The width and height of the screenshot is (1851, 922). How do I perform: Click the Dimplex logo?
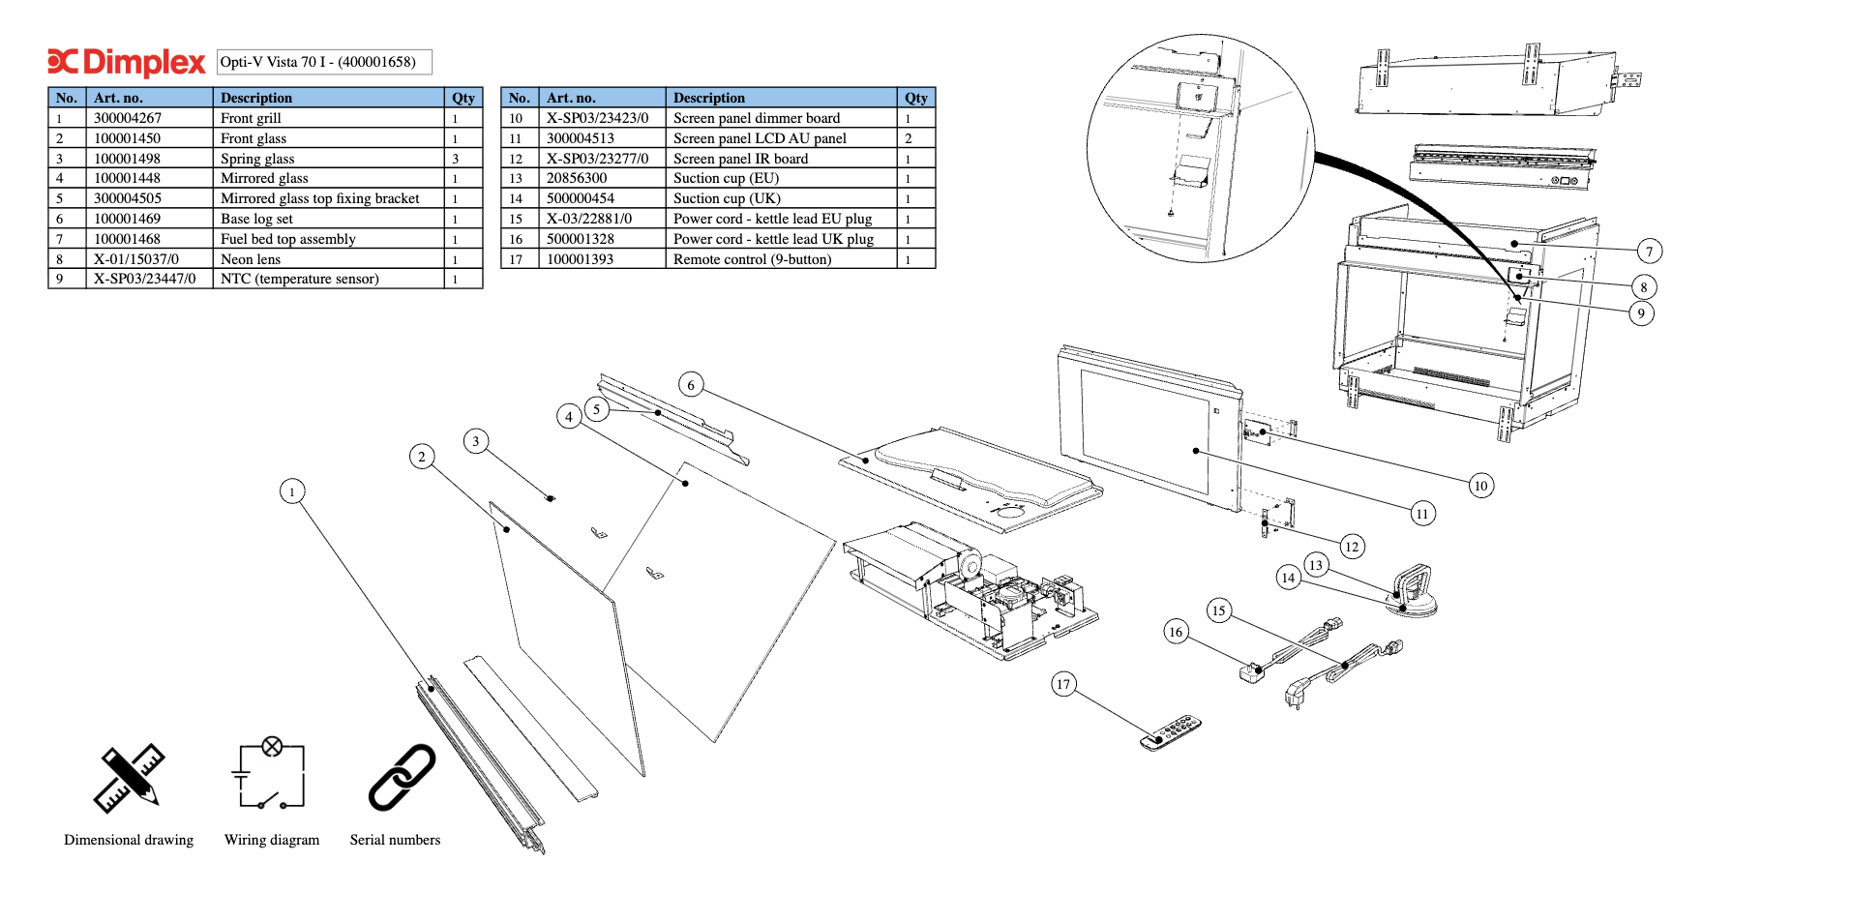pos(127,62)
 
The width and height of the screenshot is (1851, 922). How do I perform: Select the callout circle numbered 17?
pos(1063,684)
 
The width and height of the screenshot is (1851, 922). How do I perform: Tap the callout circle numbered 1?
pos(292,491)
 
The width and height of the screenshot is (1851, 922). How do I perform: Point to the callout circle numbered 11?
pos(1422,514)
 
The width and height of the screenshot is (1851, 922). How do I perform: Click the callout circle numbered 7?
pos(1650,252)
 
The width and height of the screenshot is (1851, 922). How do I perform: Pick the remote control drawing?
pos(1171,731)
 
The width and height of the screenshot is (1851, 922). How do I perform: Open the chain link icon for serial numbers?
pos(402,777)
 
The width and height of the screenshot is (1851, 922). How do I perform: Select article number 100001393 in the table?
pos(581,259)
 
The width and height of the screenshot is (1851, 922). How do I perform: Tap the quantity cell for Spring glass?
pos(456,159)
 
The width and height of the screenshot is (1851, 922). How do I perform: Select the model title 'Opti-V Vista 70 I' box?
pos(324,62)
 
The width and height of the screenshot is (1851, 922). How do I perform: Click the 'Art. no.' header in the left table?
pos(118,98)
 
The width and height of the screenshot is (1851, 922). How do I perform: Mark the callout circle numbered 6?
pos(691,385)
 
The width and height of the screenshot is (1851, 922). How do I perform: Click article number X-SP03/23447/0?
pos(145,279)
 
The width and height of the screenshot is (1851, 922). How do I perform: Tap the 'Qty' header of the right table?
pos(916,98)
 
